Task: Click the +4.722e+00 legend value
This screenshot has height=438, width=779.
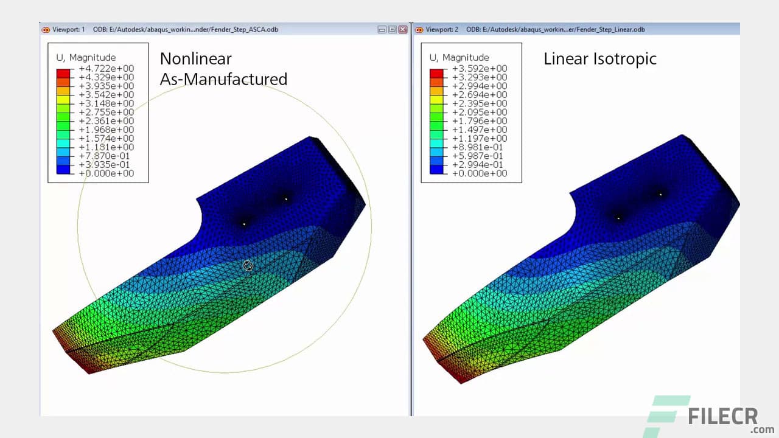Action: point(107,69)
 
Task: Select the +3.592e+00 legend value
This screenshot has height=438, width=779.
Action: point(480,69)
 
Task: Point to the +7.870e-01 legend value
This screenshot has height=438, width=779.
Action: point(107,156)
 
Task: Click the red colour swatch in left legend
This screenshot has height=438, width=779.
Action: point(64,73)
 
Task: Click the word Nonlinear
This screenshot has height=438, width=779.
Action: point(195,59)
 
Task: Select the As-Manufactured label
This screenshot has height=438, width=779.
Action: point(223,79)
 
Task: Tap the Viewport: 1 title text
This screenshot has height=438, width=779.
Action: point(69,29)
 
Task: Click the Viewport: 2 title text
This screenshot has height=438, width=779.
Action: point(442,29)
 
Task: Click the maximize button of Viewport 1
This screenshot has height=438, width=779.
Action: point(392,29)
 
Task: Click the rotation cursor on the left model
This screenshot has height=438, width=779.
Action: point(248,266)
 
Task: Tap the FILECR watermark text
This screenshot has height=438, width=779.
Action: point(723,417)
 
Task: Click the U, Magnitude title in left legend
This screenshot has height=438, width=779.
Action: point(86,58)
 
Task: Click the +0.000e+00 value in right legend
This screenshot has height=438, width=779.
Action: point(480,173)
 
